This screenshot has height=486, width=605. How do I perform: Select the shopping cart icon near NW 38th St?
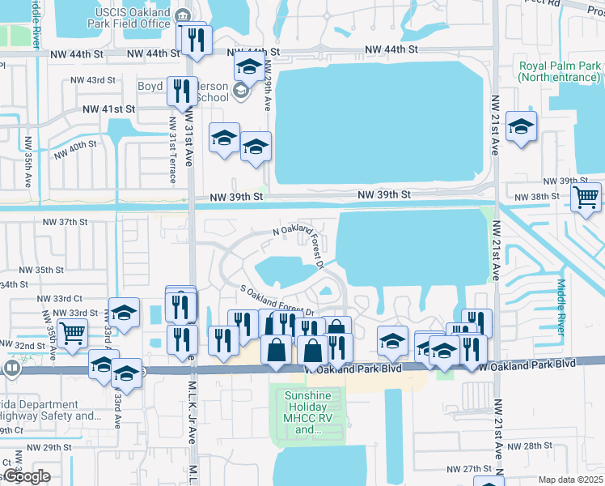tap(586, 197)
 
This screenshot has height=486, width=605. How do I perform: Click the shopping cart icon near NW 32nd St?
tap(73, 331)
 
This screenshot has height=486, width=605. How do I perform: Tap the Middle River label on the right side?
tap(561, 306)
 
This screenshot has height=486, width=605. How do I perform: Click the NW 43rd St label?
tap(93, 80)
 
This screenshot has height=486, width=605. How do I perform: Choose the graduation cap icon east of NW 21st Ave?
tap(521, 128)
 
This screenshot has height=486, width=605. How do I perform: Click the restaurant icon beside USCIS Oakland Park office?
tap(196, 40)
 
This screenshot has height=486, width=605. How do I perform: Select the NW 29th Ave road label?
tap(267, 85)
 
